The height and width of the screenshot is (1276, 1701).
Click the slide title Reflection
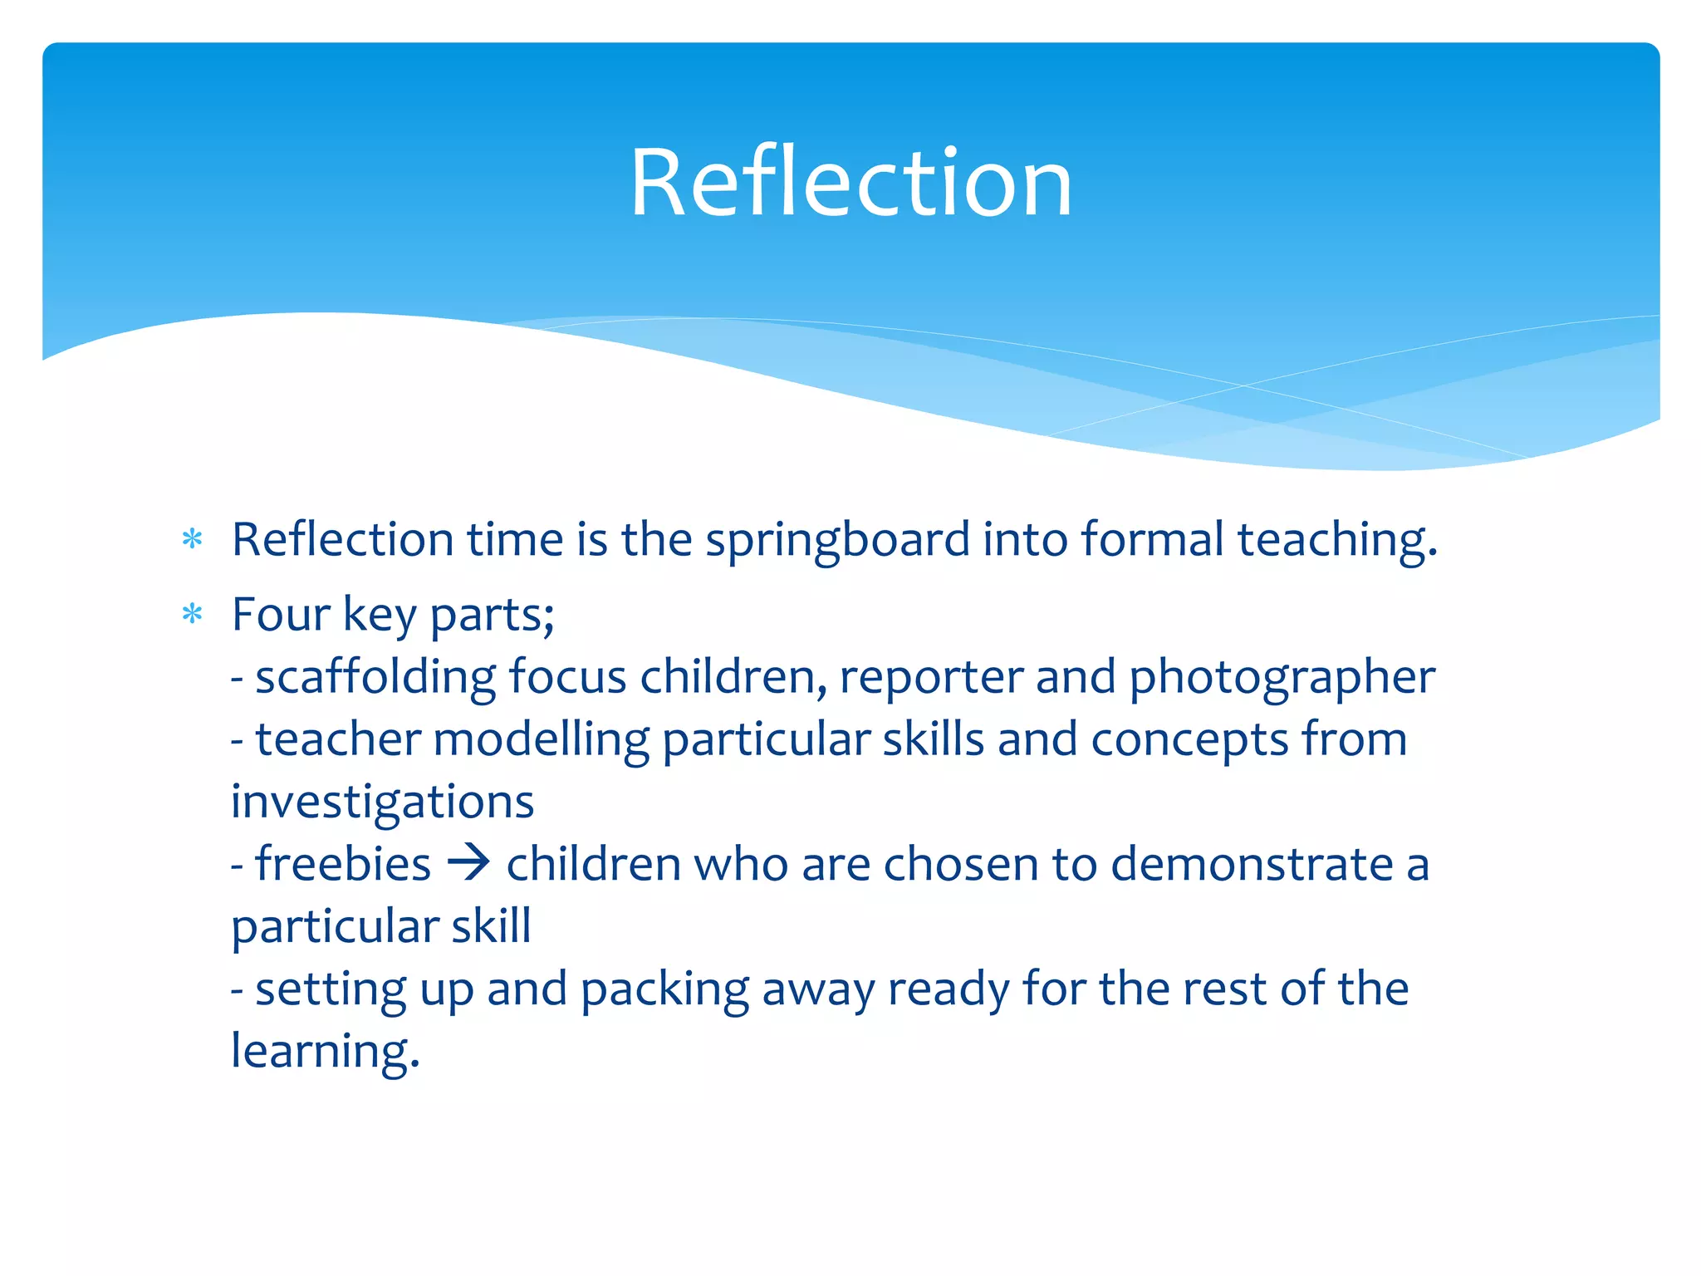(x=850, y=183)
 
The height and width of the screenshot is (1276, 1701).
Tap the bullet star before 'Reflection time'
(x=193, y=540)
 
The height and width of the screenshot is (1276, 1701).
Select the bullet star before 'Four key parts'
(x=193, y=615)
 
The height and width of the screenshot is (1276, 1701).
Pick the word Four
(x=281, y=615)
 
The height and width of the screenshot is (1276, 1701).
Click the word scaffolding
(x=375, y=678)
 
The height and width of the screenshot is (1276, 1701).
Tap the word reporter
(x=931, y=678)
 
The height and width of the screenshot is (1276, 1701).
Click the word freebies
(x=343, y=864)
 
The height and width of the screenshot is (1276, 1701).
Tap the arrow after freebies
(x=468, y=863)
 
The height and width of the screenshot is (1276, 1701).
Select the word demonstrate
(x=1252, y=864)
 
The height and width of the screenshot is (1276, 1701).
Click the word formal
(x=1152, y=540)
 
